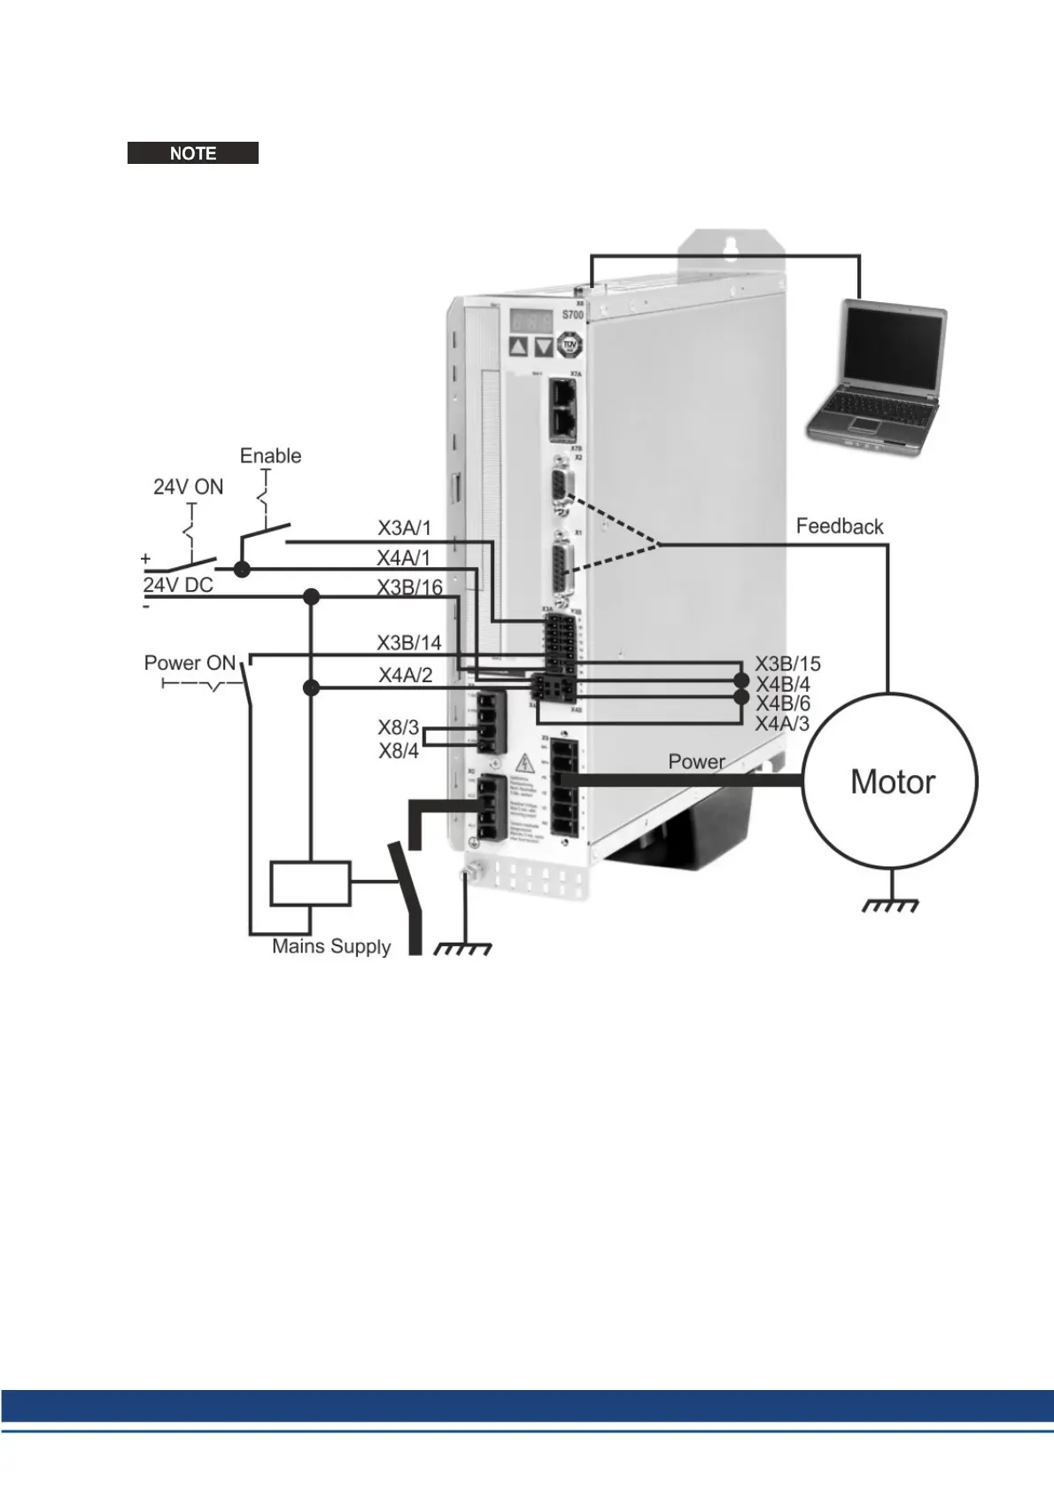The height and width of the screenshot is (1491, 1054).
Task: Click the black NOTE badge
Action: [x=193, y=153]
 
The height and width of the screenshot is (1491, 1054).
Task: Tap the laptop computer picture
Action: [x=878, y=376]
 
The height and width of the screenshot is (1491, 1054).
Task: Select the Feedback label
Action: [x=839, y=526]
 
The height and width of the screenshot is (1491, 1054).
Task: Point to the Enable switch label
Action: [x=270, y=455]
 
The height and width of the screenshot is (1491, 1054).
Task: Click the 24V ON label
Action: [x=188, y=486]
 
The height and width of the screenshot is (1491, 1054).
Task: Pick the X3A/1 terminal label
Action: [x=404, y=528]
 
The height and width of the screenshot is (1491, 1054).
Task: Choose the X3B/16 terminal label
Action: [x=409, y=587]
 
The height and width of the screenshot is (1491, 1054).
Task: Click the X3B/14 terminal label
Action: [x=408, y=642]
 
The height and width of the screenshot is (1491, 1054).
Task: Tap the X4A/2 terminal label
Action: [x=406, y=675]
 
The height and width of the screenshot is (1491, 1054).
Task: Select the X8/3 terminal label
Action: [x=398, y=727]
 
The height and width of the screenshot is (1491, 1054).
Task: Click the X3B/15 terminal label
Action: [x=787, y=664]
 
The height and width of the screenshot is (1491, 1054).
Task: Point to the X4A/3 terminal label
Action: [x=782, y=724]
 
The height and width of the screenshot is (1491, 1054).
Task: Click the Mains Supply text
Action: [x=331, y=946]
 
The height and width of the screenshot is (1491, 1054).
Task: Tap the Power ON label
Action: [x=190, y=663]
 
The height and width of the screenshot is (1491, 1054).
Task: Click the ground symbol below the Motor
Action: [x=891, y=904]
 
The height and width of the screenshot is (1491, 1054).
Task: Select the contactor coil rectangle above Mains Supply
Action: [x=310, y=882]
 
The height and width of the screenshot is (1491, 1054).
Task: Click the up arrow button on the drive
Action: [x=519, y=346]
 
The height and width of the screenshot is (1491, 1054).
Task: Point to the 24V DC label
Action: [x=178, y=585]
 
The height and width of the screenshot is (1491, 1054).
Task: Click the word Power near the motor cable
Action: [x=696, y=761]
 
